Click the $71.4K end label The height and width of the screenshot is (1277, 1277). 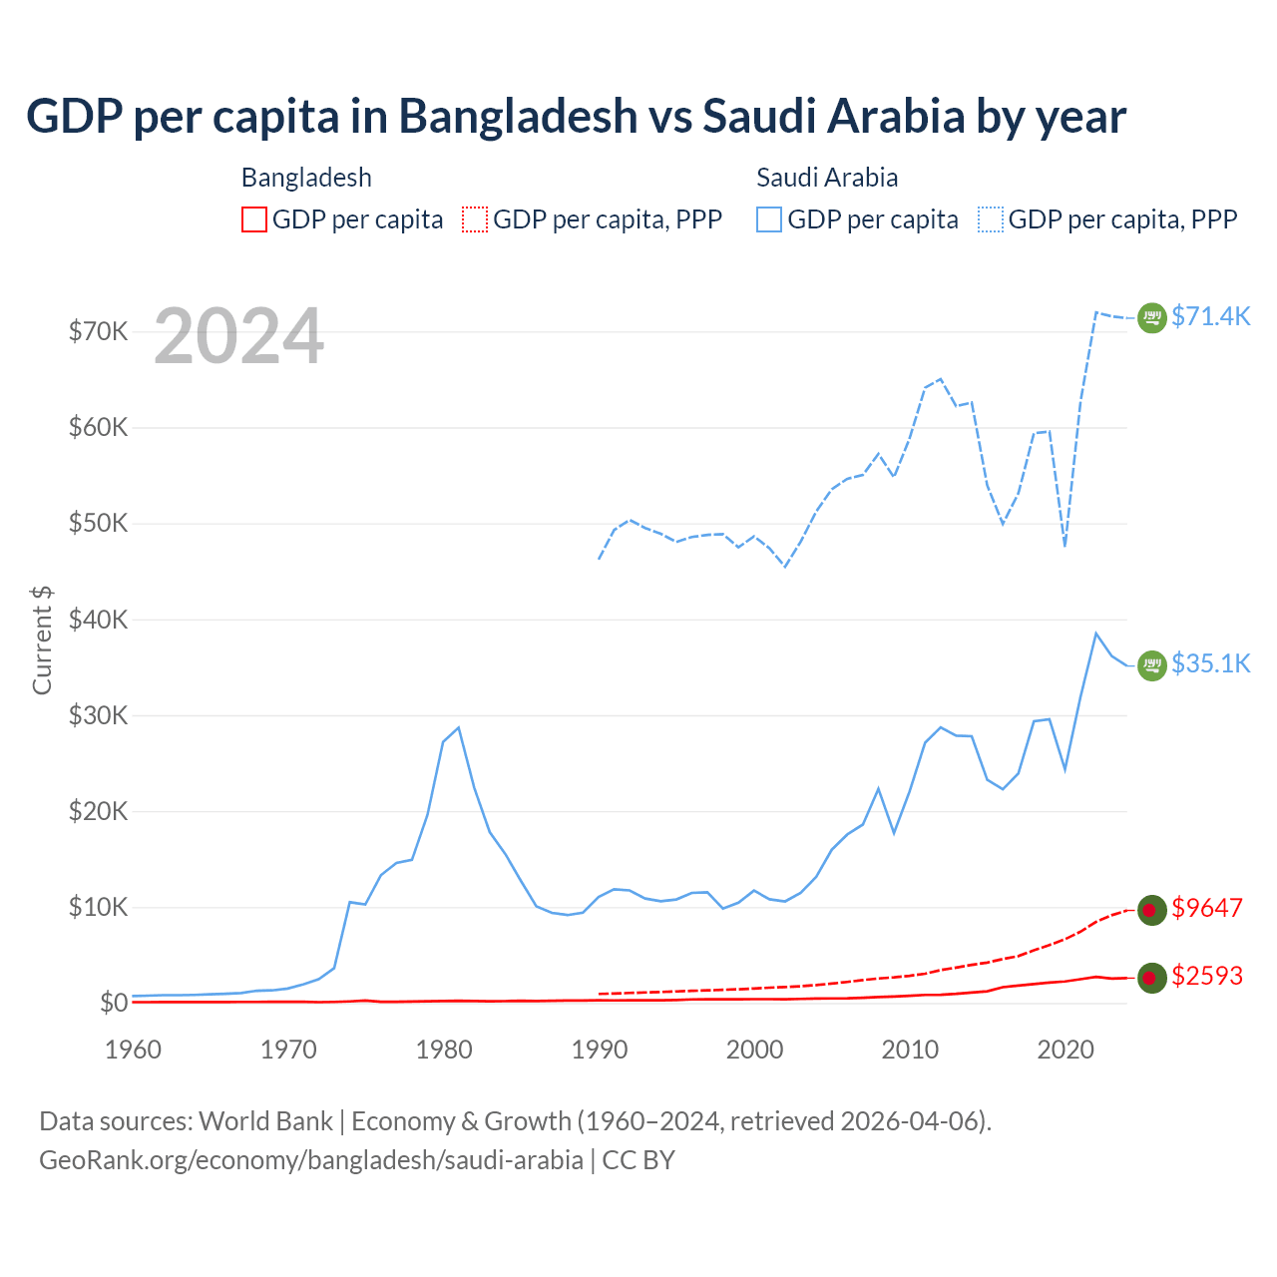point(1210,316)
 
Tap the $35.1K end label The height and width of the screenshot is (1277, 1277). point(1210,663)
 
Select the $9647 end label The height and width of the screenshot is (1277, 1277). point(1206,908)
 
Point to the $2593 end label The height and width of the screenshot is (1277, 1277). point(1206,976)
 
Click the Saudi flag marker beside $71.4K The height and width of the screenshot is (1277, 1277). point(1152,317)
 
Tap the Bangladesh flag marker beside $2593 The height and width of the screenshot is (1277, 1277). point(1152,978)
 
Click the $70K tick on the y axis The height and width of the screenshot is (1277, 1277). point(98,331)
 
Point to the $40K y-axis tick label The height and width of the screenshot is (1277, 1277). point(98,620)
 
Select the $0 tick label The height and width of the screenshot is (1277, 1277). point(114,1003)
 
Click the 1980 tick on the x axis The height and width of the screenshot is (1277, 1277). point(444,1050)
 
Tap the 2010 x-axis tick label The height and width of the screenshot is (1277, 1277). point(910,1050)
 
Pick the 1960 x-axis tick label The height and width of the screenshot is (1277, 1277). point(133,1050)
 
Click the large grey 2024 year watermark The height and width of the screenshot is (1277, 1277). point(238,336)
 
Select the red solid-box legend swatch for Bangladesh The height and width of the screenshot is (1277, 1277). point(254,219)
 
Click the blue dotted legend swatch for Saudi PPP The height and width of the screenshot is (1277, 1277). point(991,219)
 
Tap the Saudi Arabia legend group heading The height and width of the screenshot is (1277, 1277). point(827,178)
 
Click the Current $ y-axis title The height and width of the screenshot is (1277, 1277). point(42,639)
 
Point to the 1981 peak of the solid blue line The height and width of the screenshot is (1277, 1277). point(458,727)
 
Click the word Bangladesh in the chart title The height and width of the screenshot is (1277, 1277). point(518,116)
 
